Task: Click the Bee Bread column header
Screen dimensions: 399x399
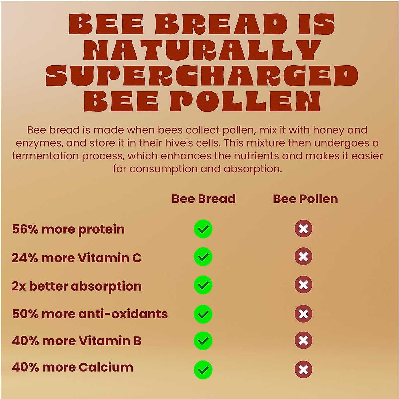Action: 203,199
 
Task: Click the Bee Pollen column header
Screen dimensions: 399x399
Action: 305,199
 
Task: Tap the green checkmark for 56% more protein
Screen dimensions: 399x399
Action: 203,229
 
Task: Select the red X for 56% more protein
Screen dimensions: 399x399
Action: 303,229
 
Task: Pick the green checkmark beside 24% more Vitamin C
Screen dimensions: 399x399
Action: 203,257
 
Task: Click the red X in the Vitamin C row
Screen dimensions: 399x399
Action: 303,256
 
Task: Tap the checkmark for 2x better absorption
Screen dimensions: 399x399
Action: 203,285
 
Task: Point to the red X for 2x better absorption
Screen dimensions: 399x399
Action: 303,285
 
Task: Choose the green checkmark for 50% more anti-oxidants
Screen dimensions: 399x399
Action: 203,314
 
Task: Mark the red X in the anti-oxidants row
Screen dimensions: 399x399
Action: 303,314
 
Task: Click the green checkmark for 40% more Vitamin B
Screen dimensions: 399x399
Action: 203,341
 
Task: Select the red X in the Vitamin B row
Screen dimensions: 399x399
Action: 303,340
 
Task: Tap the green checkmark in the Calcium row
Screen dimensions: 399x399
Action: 203,370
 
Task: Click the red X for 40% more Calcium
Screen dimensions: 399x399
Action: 303,369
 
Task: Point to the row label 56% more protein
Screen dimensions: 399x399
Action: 68,229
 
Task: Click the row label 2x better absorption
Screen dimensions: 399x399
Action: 76,286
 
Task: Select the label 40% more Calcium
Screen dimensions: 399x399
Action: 72,367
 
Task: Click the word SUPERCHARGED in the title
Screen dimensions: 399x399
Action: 202,75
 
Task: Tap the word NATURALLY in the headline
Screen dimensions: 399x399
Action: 202,50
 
